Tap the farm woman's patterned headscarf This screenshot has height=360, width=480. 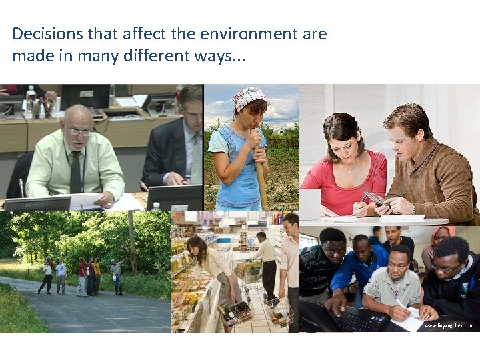[248, 97]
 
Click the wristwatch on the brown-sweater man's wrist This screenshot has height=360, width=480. [413, 209]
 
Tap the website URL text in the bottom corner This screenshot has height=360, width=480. [449, 325]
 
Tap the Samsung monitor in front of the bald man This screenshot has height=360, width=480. [38, 203]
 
